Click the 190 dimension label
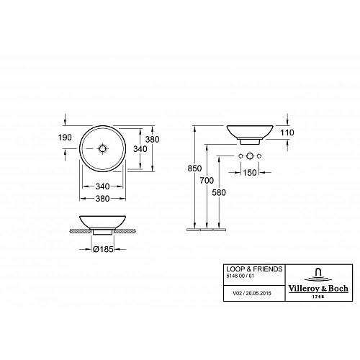pos(65,138)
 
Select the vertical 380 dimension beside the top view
pos(153,140)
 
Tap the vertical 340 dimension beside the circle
pos(140,149)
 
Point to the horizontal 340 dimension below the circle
pos(102,186)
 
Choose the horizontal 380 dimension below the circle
pos(102,199)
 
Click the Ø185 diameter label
pos(103,249)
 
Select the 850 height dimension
pos(194,168)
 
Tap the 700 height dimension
pos(207,180)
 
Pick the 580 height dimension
pos(219,192)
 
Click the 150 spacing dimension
pos(250,173)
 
